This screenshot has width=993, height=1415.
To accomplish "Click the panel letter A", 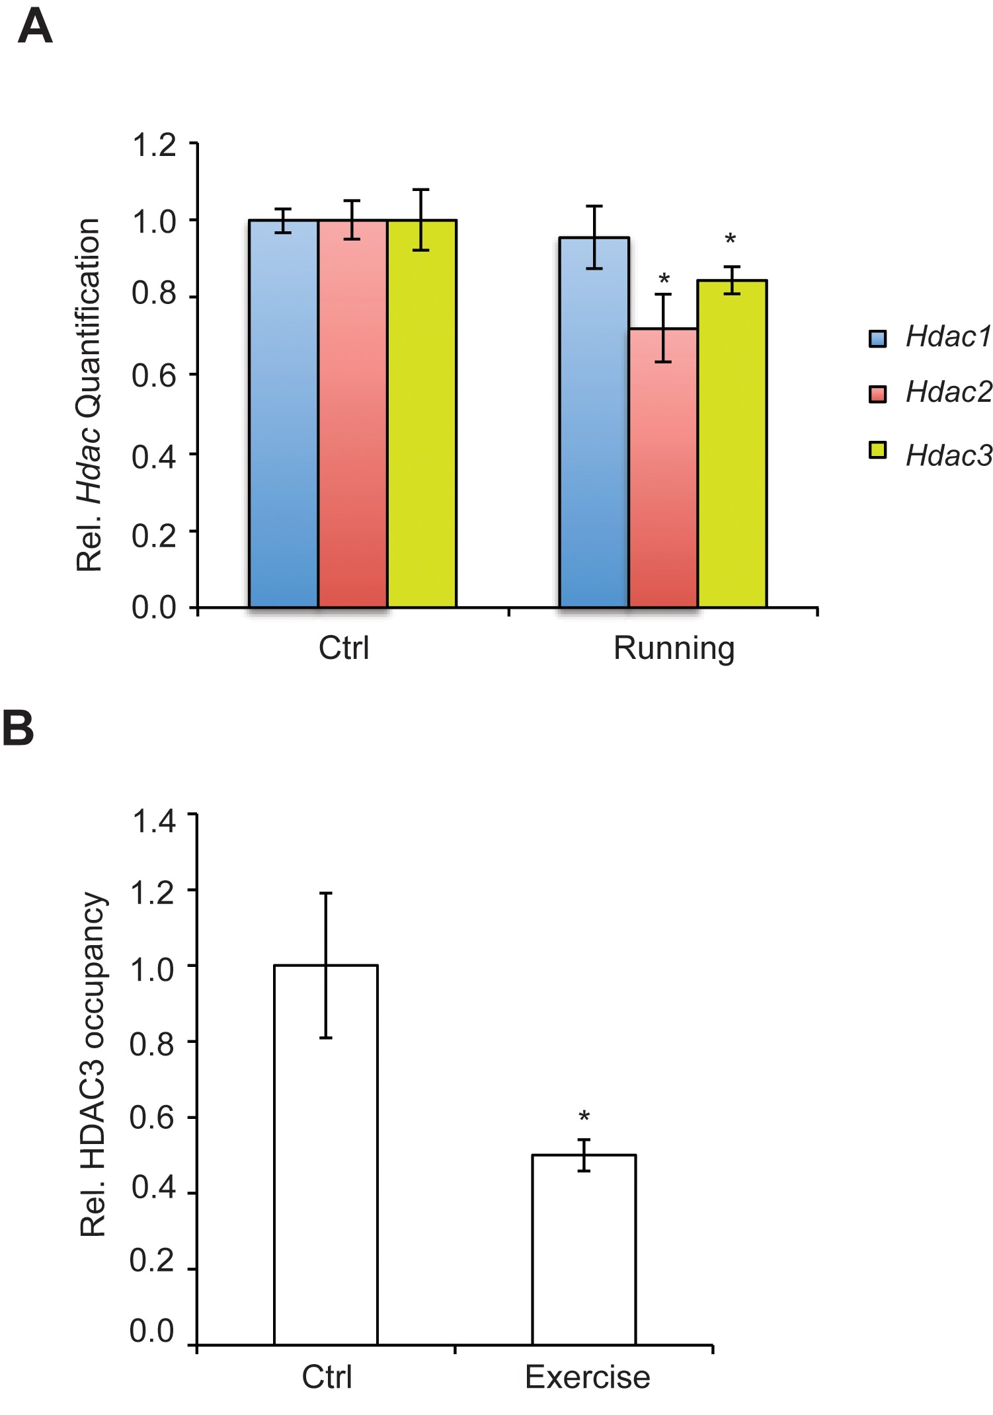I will tap(35, 27).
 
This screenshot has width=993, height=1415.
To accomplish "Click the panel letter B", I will tap(19, 728).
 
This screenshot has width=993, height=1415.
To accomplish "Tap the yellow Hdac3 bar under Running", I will tap(733, 443).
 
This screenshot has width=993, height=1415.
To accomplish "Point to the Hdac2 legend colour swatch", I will tap(877, 394).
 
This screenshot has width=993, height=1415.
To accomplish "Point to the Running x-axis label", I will tap(674, 648).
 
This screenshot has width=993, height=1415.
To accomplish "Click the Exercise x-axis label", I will tap(587, 1378).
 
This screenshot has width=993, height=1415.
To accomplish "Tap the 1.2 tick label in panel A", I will tap(154, 145).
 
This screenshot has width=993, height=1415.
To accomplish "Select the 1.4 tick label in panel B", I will tap(154, 822).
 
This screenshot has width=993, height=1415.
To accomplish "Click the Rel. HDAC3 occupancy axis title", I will tap(93, 1064).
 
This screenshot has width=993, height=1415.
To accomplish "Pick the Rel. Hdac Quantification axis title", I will tap(89, 395).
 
